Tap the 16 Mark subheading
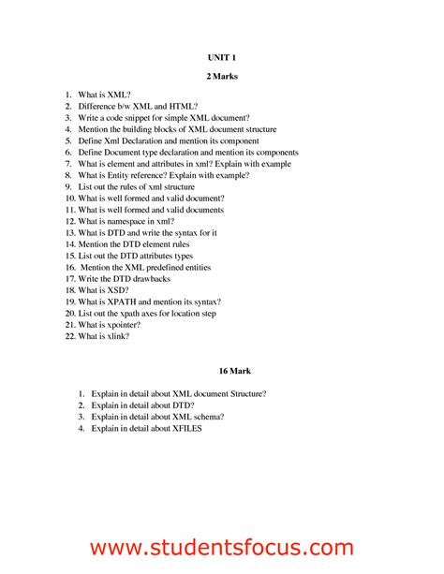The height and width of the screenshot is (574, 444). point(221,370)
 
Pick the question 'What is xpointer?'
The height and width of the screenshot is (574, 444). point(110,324)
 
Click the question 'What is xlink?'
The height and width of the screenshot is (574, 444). point(103,335)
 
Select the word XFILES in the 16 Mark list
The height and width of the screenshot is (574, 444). point(185,428)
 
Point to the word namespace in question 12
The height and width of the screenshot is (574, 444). point(134,221)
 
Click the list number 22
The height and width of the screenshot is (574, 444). point(69,335)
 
